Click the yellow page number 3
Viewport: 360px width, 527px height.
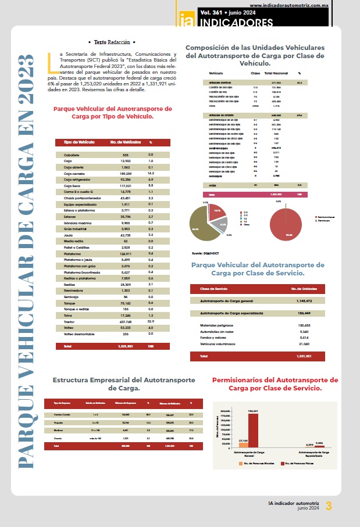tap(329, 506)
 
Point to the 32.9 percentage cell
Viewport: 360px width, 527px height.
tap(150, 321)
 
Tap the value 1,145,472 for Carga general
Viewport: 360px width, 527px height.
tap(301, 301)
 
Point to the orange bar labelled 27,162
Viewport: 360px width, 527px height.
tap(243, 445)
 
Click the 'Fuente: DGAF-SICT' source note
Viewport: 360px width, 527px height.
tap(206, 253)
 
